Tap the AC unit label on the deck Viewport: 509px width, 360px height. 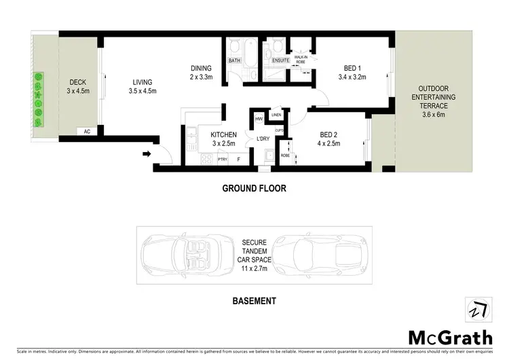[87, 131]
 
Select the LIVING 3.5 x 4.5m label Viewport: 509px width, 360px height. [143, 86]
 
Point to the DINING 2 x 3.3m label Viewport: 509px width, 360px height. [202, 72]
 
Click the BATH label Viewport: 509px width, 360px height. [234, 60]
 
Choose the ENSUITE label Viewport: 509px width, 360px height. [280, 60]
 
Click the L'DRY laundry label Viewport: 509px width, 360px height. [263, 139]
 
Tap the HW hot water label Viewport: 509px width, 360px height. [259, 119]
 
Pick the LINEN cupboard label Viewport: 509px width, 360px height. [276, 115]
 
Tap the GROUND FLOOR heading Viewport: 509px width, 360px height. [254, 189]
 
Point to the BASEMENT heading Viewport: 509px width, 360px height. [254, 300]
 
